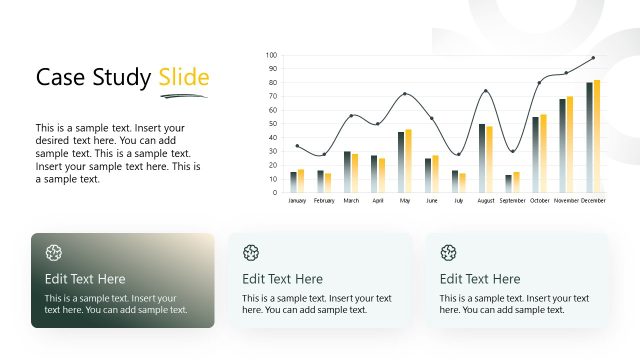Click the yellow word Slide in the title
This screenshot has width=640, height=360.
184,78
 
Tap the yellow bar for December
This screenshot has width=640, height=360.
597,136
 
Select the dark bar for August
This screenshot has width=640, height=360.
481,158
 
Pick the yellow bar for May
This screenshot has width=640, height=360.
408,161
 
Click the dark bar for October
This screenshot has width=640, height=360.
535,154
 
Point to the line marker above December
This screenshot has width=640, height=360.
593,58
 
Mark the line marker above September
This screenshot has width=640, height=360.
512,151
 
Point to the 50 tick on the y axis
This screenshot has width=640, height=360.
272,124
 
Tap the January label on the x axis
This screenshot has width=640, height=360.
297,201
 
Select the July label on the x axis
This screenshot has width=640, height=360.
458,201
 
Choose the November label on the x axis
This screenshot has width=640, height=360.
566,201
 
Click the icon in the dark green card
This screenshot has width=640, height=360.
54,252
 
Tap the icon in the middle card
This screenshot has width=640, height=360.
251,252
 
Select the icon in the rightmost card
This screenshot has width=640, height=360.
449,252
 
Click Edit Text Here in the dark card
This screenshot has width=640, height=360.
85,279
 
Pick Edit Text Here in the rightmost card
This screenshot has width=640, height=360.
480,279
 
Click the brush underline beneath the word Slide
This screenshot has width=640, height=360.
183,96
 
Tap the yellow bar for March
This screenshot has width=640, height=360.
354,172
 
